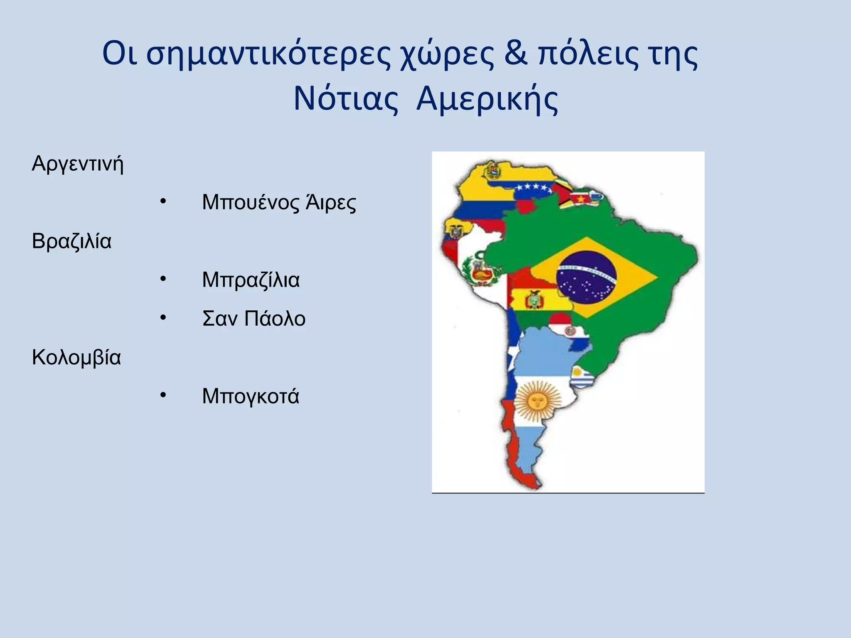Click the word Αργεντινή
click(x=78, y=164)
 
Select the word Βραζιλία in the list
click(x=71, y=241)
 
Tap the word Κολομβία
click(x=76, y=358)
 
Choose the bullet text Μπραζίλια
click(x=251, y=280)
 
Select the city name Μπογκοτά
click(x=251, y=396)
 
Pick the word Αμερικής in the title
click(x=487, y=100)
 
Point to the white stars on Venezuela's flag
click(x=533, y=188)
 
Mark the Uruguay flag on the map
click(x=579, y=377)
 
